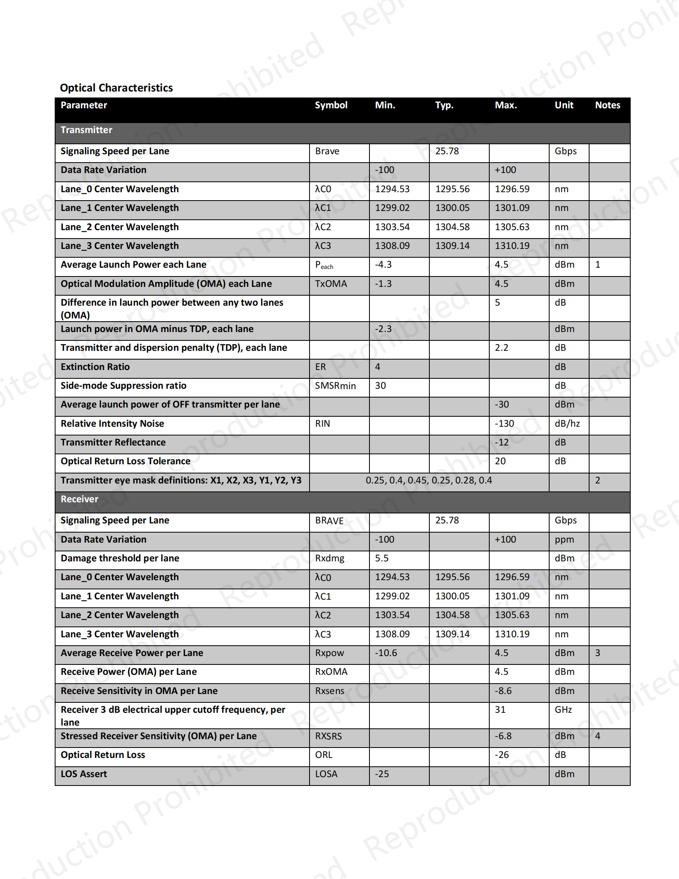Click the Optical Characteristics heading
coord(116,88)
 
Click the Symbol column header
coord(331,105)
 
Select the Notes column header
coord(608,105)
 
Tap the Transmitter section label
coord(87,130)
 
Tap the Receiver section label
coord(79,499)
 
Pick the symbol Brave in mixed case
coord(327,151)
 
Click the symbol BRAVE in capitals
coord(329,520)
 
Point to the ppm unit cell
coord(564,539)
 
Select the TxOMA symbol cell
coord(331,284)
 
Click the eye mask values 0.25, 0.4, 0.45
coord(429,480)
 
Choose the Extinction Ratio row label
coord(95,367)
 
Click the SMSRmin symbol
coord(335,386)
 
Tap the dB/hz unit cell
coord(567,424)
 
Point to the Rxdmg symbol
coord(330,558)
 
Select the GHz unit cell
coord(563,710)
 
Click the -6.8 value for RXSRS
coord(503,736)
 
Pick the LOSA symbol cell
coord(326,774)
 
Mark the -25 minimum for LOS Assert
coord(382,774)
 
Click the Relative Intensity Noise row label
coord(112,424)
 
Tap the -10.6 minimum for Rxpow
coord(385,653)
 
